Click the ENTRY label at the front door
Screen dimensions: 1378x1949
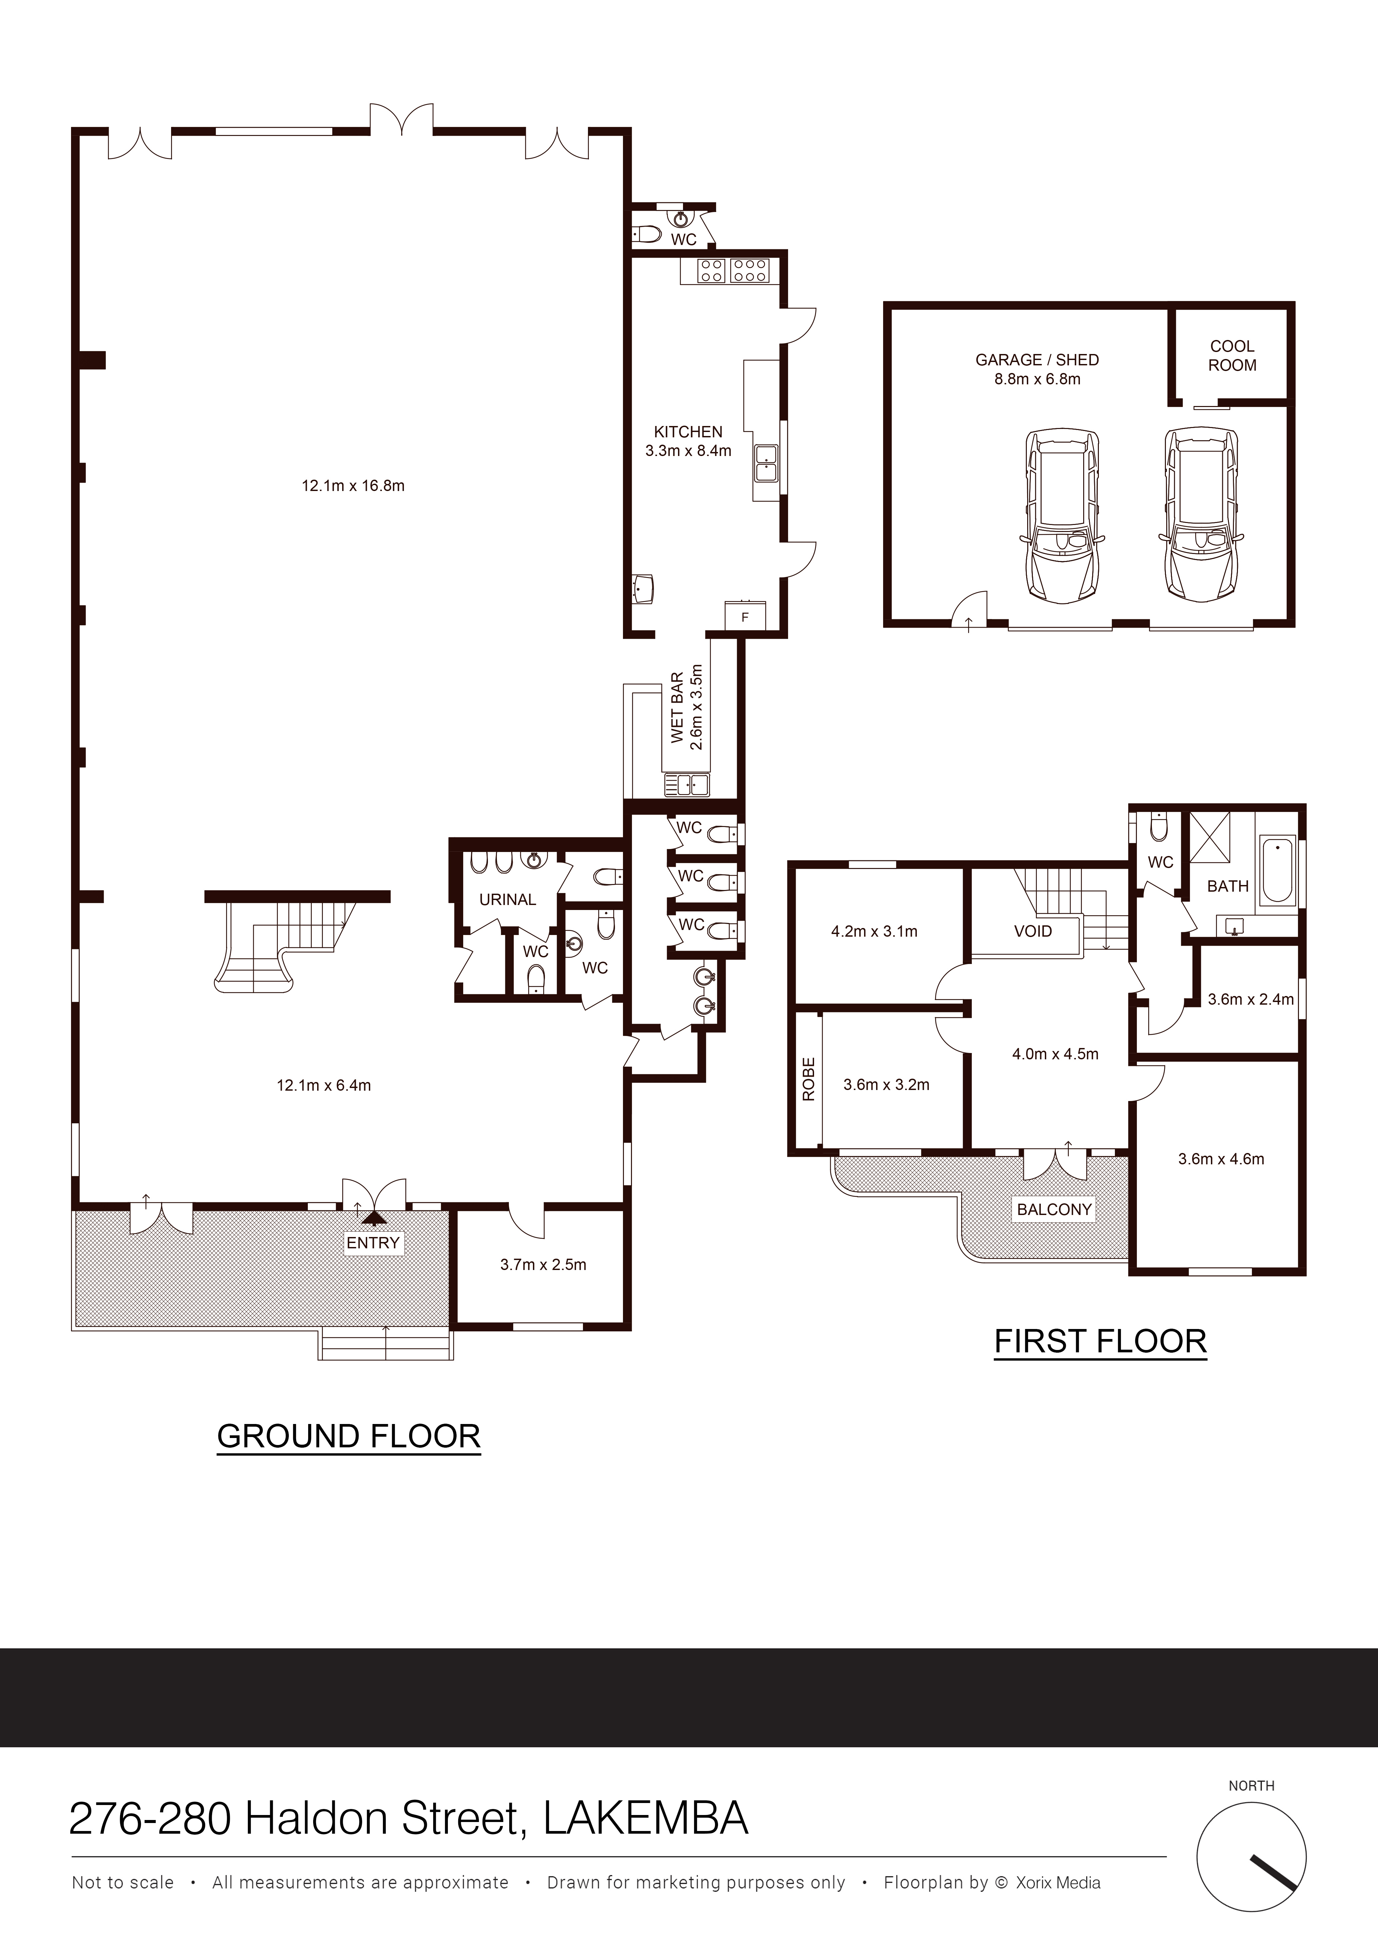point(373,1243)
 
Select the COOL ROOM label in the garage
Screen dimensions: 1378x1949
point(1232,356)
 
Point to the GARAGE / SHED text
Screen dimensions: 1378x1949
point(1037,360)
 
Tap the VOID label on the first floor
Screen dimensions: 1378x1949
point(1032,931)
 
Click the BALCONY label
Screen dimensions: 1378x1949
point(1055,1210)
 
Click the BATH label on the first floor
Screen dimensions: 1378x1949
point(1228,886)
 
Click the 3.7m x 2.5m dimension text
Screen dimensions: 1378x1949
point(543,1265)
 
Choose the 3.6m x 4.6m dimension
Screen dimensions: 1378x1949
point(1221,1159)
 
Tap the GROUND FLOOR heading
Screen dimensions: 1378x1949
point(349,1436)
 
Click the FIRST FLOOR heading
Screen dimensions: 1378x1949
point(1100,1341)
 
